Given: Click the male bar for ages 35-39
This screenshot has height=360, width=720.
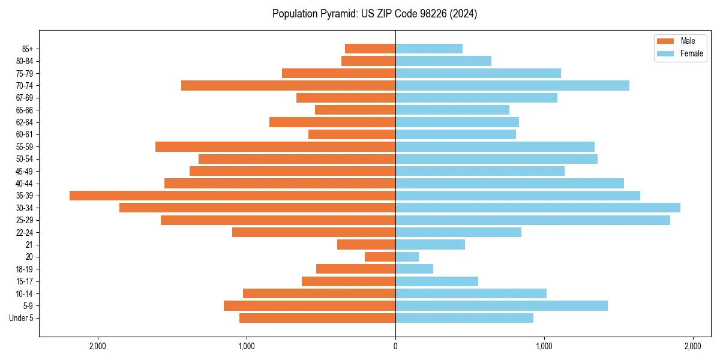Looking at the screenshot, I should [232, 196].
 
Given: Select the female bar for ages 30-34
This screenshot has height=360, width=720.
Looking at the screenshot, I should [538, 208].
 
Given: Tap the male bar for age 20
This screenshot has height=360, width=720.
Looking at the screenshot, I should [380, 257].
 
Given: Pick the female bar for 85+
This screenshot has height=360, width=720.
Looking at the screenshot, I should [429, 49].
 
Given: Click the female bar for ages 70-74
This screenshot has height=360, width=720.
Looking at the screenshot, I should [512, 85].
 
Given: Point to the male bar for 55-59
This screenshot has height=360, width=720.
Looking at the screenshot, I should [275, 146].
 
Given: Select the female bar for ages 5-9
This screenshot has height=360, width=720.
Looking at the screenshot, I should [502, 305].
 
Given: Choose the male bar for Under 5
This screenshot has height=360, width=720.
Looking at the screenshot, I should [317, 318].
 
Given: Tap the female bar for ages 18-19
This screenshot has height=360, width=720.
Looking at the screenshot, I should [414, 269].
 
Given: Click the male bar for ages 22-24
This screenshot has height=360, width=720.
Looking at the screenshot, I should [314, 232].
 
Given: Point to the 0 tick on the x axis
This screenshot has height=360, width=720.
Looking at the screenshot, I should [395, 346].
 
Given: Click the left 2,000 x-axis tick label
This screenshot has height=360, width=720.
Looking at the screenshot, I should [98, 346].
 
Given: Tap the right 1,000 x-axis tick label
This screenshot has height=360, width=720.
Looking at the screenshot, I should [544, 346].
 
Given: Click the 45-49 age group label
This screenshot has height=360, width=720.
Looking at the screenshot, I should [24, 171].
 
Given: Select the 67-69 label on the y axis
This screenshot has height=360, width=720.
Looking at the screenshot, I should [24, 98].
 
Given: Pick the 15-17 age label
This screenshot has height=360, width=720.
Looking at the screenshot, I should [24, 281].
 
